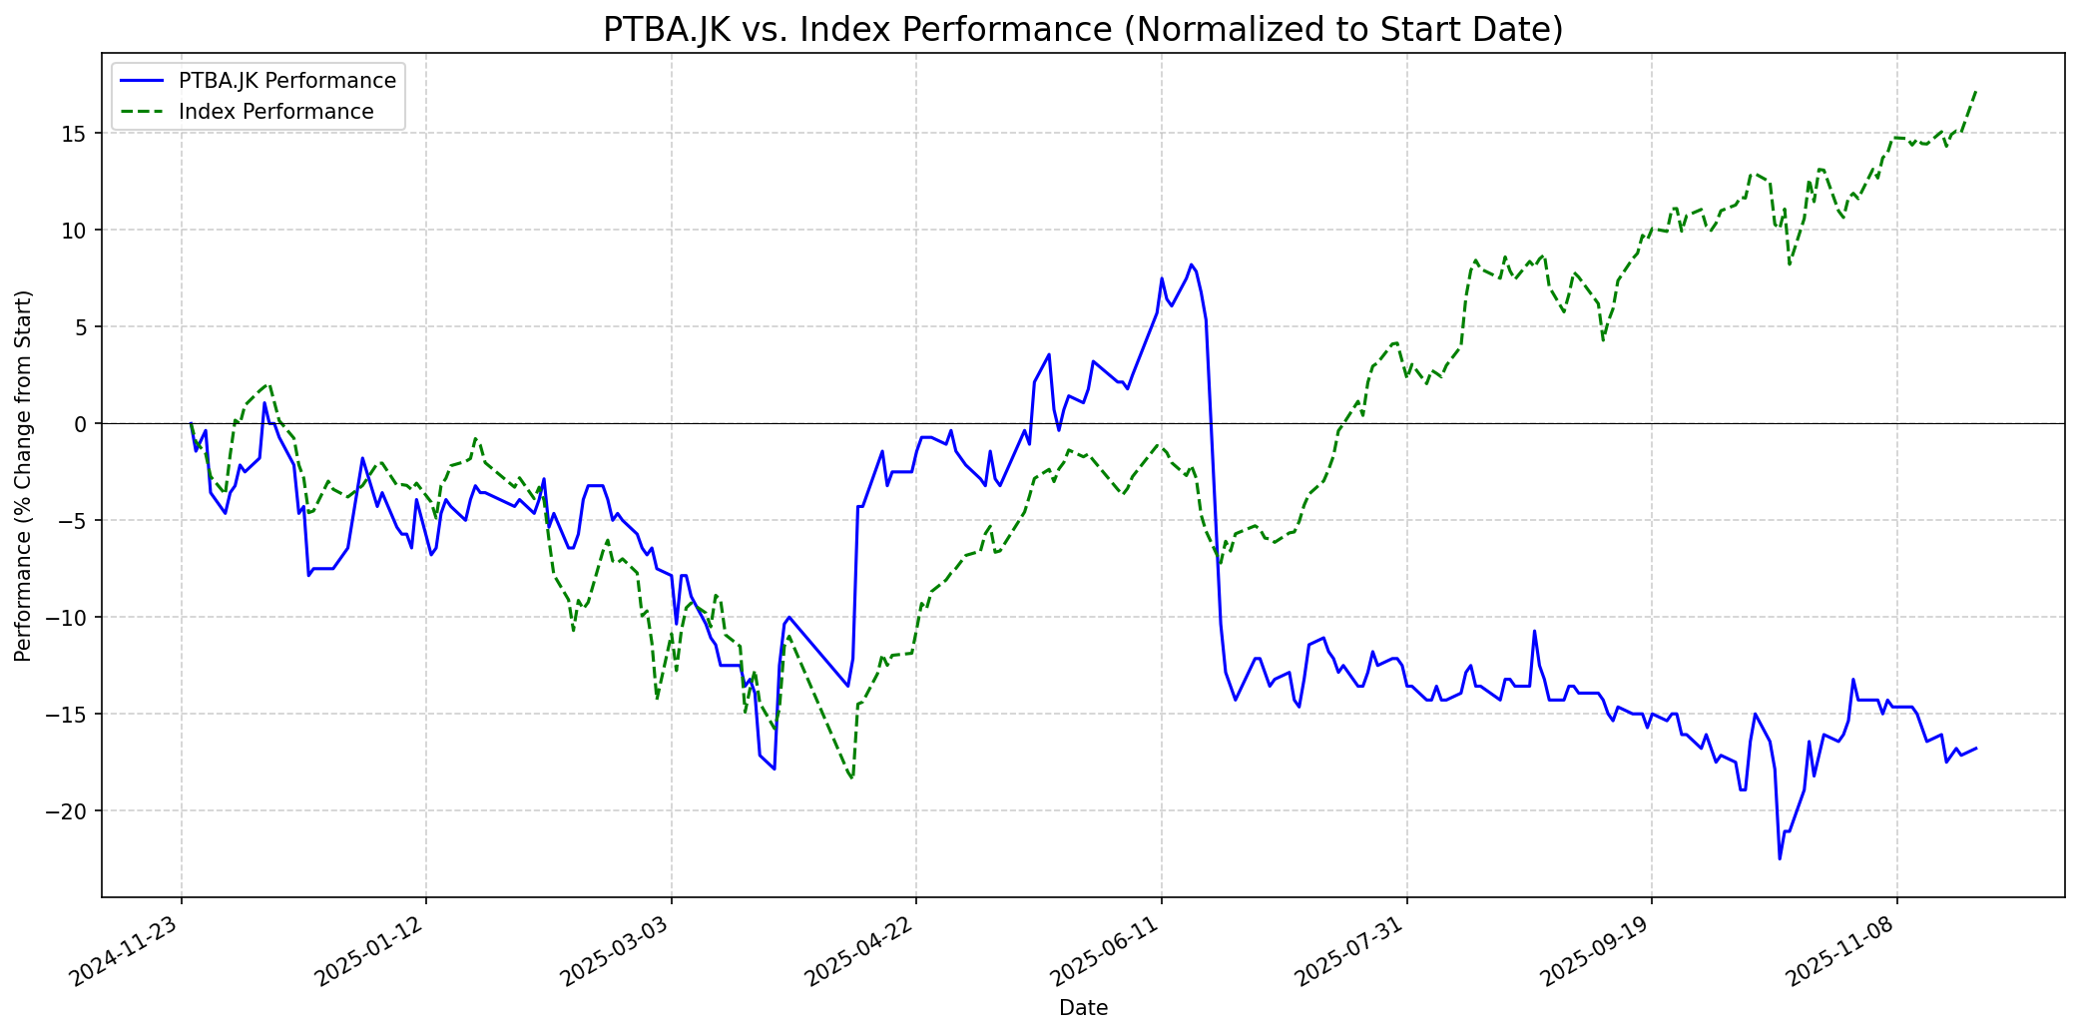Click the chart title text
click(1083, 30)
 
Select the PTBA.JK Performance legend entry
click(286, 81)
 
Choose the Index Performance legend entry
click(275, 112)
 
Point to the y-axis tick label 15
click(78, 134)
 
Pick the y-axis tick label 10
click(78, 231)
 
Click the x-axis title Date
click(1083, 1009)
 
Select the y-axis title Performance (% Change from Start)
click(24, 475)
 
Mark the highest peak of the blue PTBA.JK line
click(1191, 264)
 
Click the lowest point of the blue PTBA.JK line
click(1780, 859)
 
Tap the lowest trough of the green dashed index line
click(851, 778)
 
